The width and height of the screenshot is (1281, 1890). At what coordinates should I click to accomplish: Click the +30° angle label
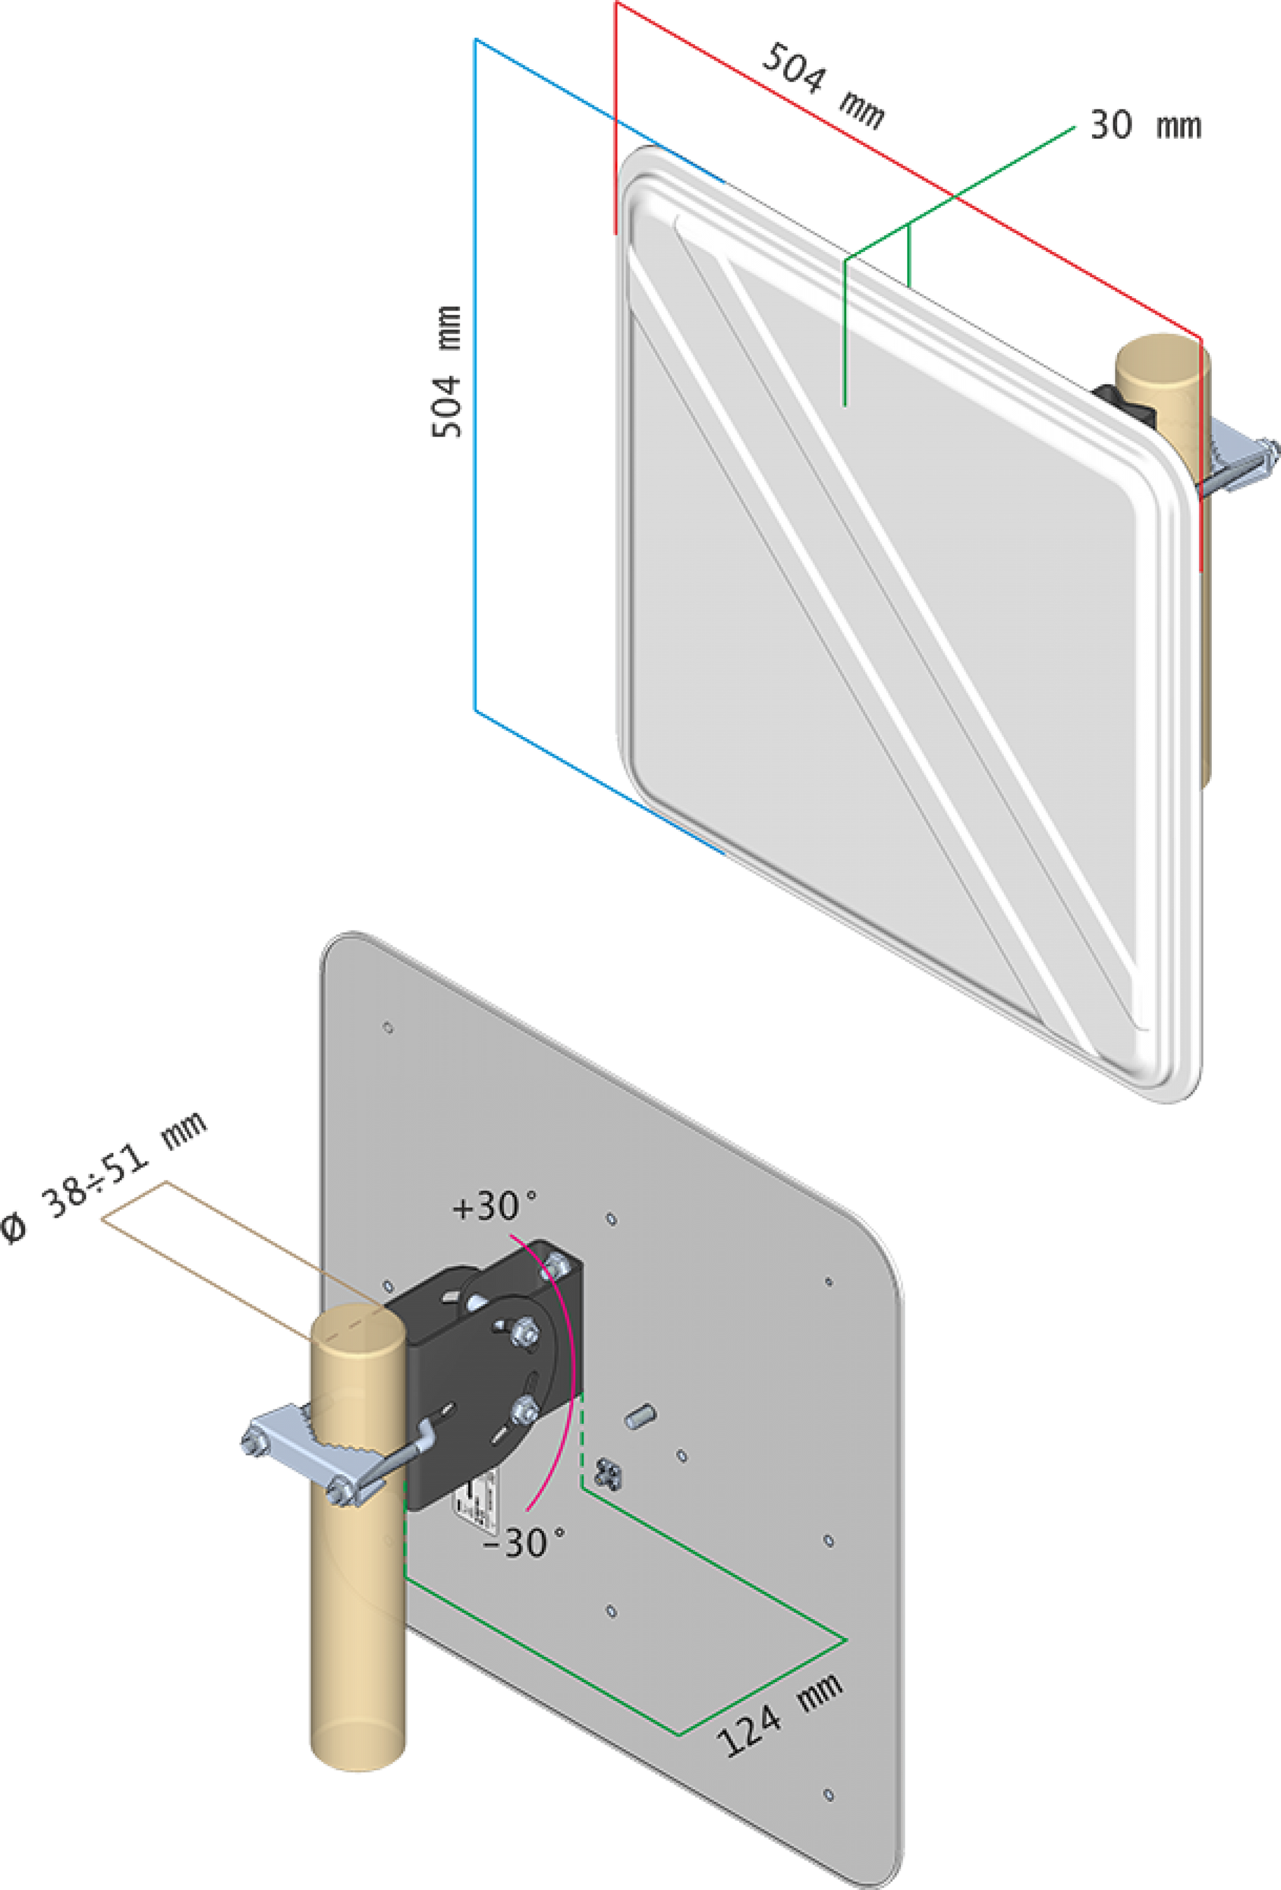[x=494, y=1206]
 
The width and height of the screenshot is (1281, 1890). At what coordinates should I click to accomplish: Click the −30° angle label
[x=523, y=1543]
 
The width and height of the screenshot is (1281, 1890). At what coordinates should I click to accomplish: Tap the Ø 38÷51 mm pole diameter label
[x=101, y=1177]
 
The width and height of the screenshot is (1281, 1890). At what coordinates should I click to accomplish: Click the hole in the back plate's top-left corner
[x=388, y=1028]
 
